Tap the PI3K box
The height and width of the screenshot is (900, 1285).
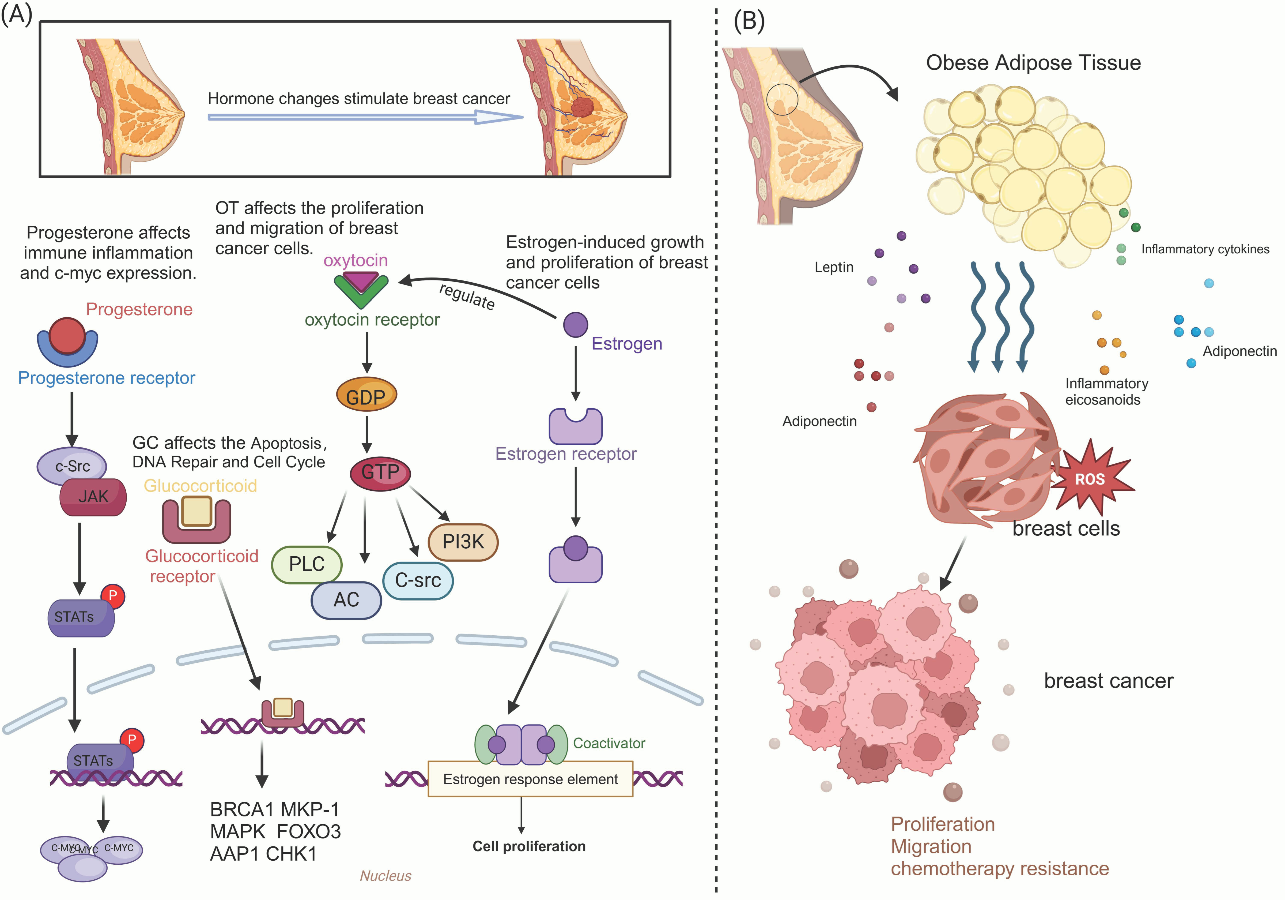point(463,542)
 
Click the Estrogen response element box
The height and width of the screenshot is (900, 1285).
point(530,779)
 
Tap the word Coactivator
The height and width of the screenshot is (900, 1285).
point(609,743)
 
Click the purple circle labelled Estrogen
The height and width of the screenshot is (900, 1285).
point(575,324)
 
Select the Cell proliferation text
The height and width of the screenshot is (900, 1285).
point(529,846)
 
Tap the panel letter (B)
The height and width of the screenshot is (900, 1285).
point(749,21)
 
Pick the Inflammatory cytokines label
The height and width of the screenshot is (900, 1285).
point(1205,249)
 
